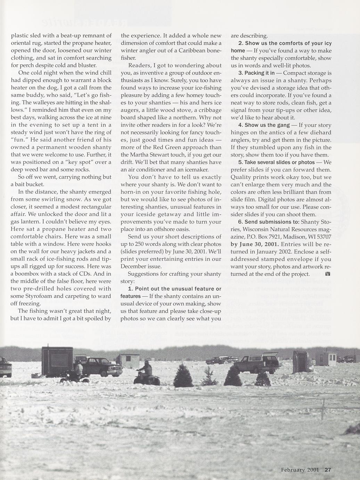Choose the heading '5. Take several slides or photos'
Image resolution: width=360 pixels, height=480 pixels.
tap(276, 162)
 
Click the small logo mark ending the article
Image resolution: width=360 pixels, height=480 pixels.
tap(328, 274)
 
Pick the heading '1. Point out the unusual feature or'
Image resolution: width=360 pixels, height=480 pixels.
tap(174, 289)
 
